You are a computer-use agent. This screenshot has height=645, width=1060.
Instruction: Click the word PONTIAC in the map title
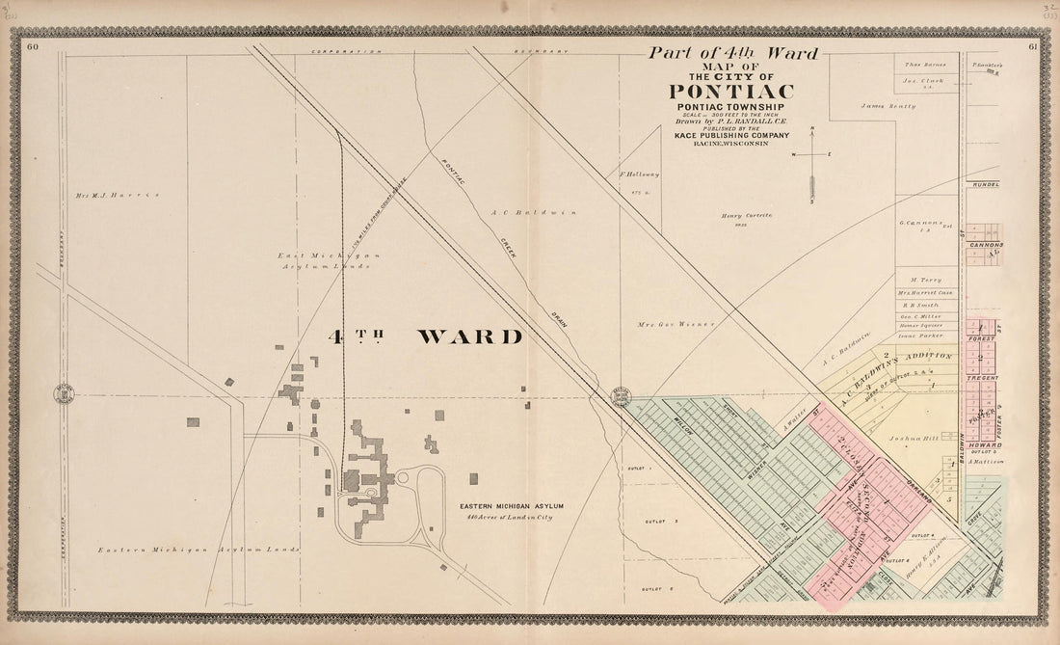(x=730, y=92)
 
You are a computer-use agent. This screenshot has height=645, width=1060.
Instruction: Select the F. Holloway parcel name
(x=640, y=175)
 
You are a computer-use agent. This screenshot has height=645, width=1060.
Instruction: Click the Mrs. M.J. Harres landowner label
(x=117, y=195)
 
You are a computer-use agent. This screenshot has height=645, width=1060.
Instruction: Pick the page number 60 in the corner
(x=33, y=46)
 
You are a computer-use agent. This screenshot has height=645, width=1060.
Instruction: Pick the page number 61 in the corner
(x=1032, y=46)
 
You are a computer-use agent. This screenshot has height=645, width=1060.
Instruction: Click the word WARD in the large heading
(x=470, y=336)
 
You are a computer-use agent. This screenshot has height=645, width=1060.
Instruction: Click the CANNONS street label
(x=986, y=245)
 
